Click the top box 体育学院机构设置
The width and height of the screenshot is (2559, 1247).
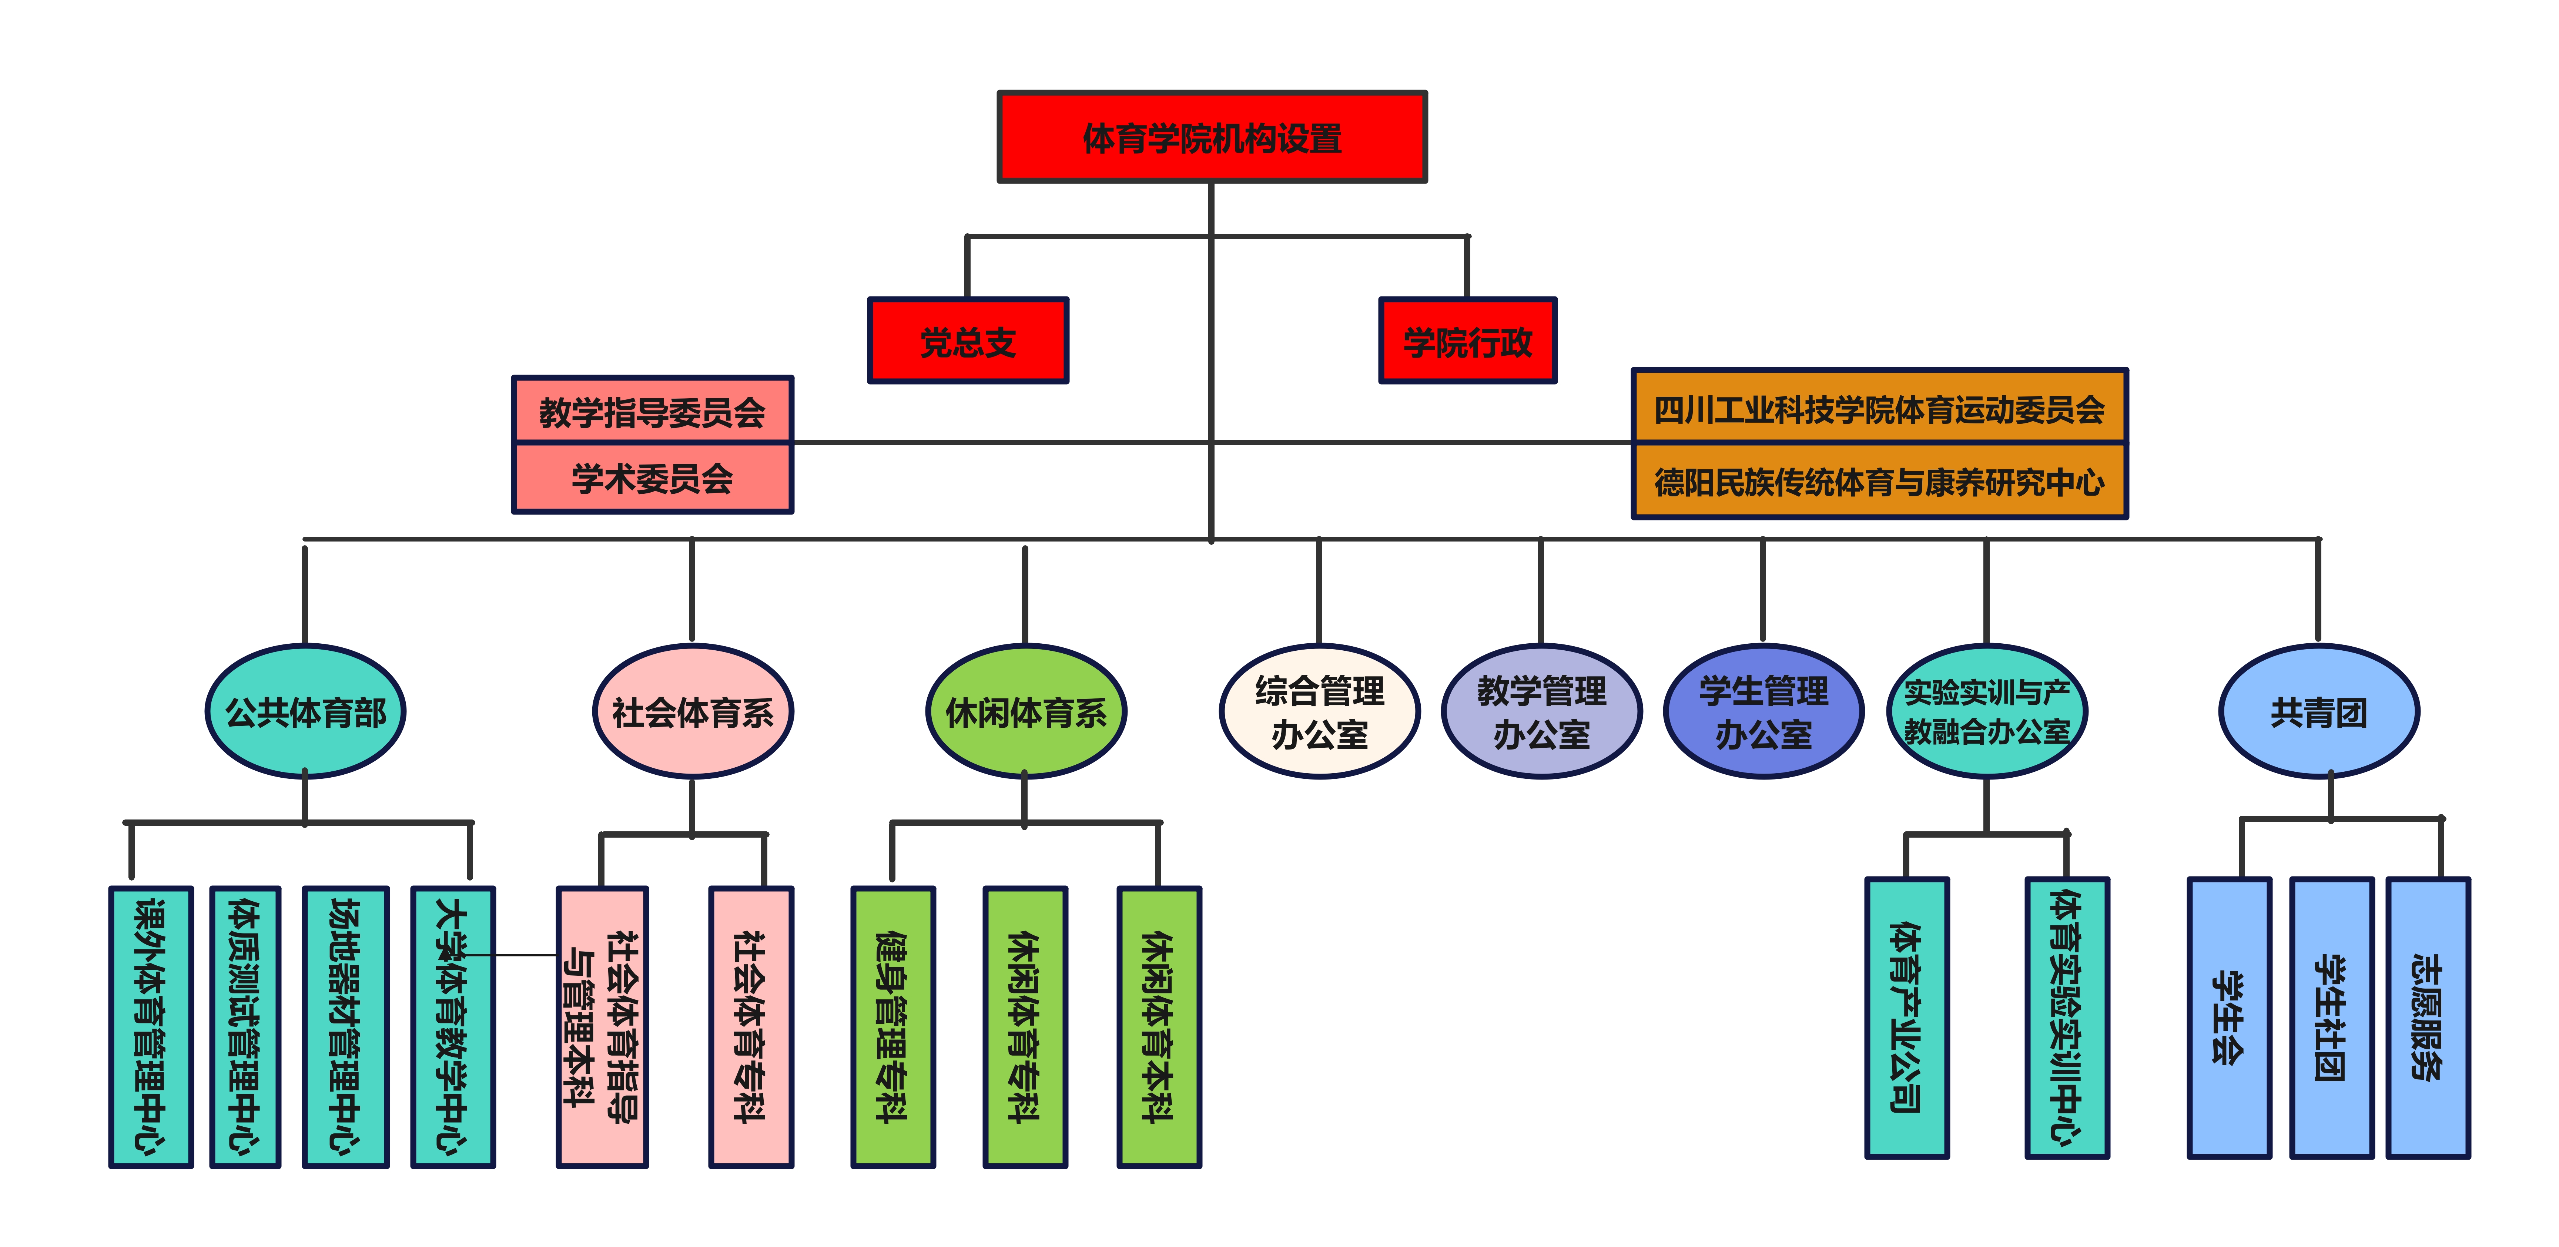coord(1212,137)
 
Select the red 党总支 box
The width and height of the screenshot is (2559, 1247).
coord(968,341)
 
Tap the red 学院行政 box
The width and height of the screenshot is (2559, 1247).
coord(1467,341)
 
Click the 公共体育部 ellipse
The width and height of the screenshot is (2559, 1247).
coord(305,711)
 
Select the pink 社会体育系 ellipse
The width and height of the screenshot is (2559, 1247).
coord(692,711)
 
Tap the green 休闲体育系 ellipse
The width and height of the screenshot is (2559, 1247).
coord(1025,711)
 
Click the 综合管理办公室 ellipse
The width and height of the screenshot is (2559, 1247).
coord(1319,711)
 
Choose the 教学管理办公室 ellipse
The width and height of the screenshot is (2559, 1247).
coord(1541,711)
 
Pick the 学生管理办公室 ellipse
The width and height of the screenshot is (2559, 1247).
coord(1763,711)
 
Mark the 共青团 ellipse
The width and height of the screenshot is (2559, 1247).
coord(2319,711)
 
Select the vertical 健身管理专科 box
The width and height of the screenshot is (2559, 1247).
coord(892,1026)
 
